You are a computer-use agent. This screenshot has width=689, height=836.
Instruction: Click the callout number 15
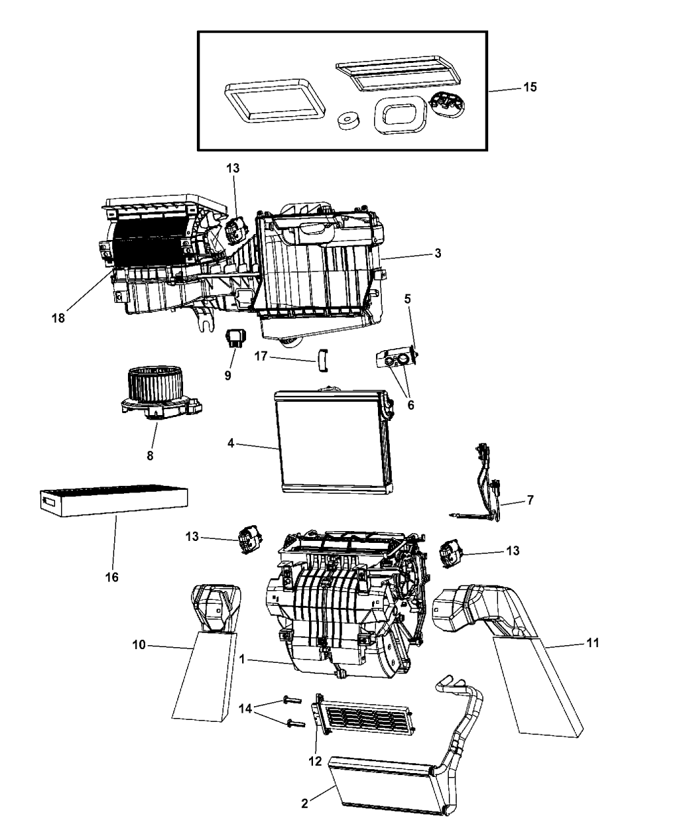click(529, 87)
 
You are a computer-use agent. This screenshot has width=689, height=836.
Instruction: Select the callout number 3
click(436, 253)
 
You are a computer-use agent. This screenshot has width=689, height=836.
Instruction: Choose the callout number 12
click(315, 761)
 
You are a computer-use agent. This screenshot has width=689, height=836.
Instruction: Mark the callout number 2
click(304, 804)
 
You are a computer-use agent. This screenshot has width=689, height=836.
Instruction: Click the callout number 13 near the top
click(233, 168)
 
